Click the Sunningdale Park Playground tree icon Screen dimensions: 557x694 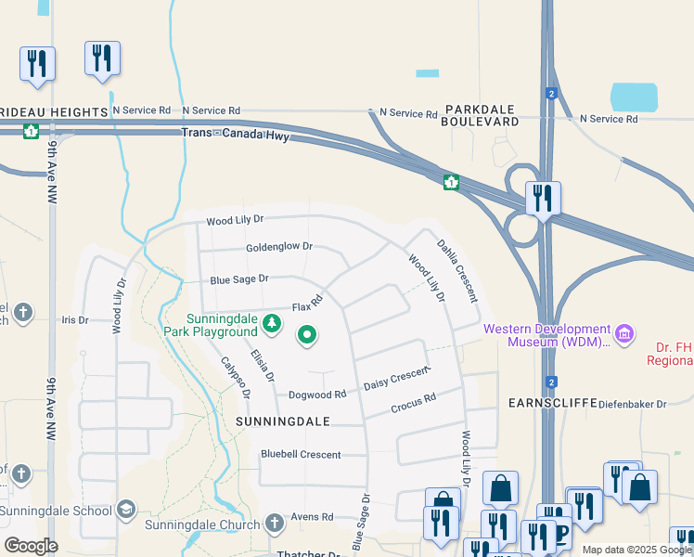point(272,323)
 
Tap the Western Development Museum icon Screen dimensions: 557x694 point(624,331)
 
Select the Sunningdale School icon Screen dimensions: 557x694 point(125,509)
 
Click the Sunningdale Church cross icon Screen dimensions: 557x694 point(274,524)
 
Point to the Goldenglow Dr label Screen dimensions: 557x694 point(279,248)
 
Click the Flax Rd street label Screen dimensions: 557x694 point(307,304)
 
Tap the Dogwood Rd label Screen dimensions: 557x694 point(316,394)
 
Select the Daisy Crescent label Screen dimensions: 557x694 point(398,378)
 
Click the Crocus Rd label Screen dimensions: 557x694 point(413,404)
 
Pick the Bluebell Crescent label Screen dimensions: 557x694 point(301,455)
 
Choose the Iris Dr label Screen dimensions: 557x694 point(74,319)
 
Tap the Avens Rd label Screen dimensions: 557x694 point(311,517)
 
